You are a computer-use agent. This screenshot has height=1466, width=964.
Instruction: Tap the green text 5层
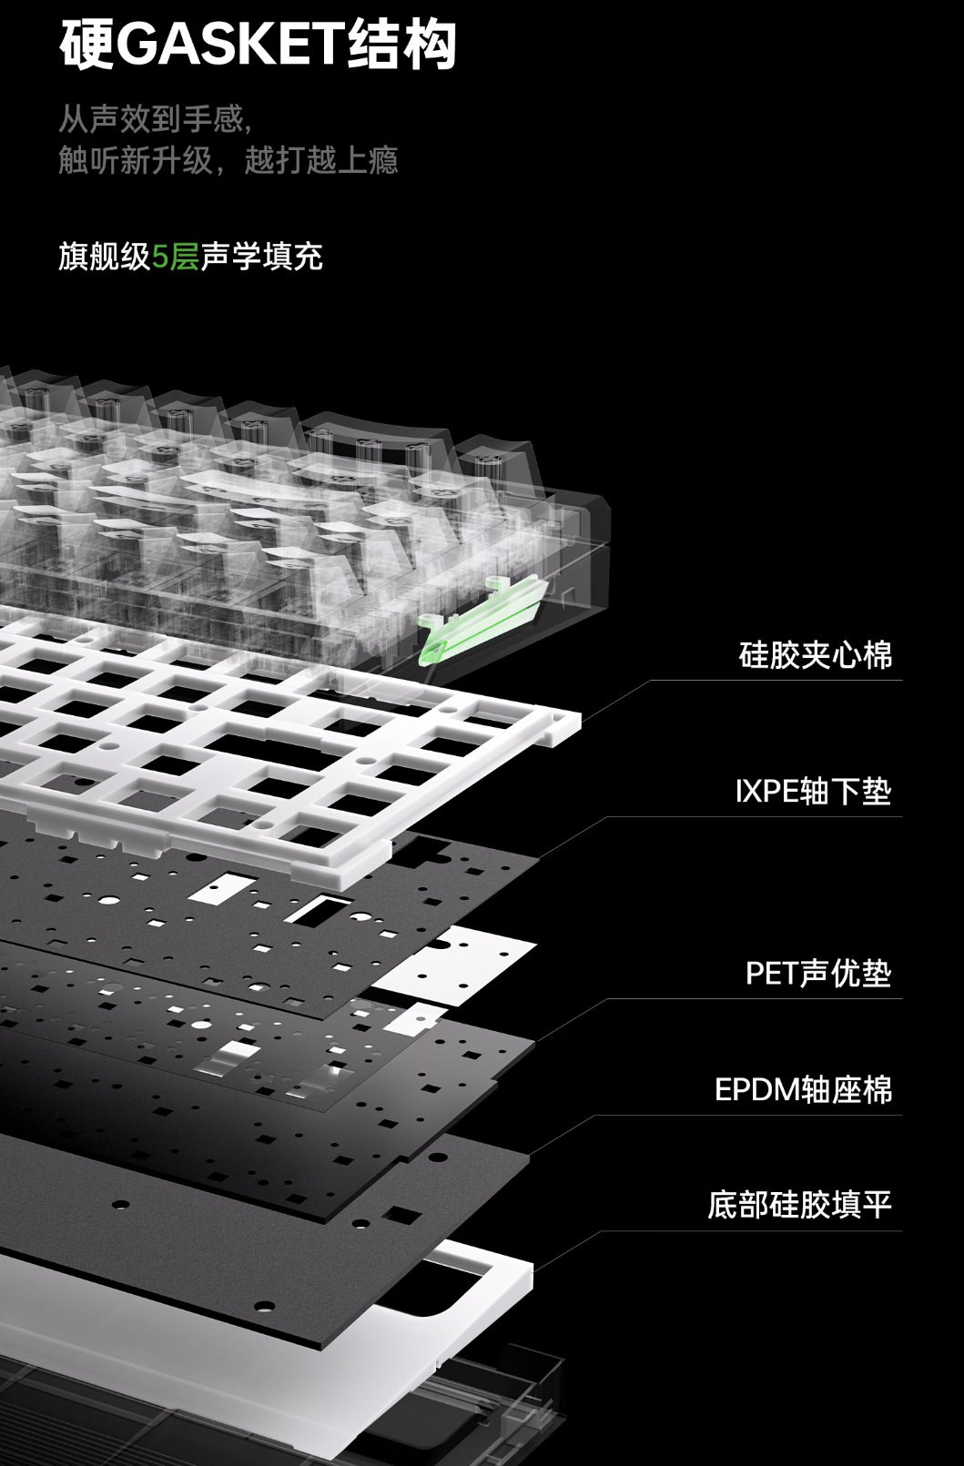175,257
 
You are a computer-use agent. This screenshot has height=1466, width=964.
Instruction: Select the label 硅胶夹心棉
815,655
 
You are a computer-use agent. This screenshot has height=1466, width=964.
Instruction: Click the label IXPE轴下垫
813,791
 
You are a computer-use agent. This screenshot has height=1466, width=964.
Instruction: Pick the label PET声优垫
818,973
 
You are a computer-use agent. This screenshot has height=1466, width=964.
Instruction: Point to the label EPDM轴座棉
804,1089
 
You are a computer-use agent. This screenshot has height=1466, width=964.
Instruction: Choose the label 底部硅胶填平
799,1205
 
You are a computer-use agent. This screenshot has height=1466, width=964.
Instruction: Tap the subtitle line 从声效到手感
153,118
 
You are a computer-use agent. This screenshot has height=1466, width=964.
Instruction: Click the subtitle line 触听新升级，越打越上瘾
228,161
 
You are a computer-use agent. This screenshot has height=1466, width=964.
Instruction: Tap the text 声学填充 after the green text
262,257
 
